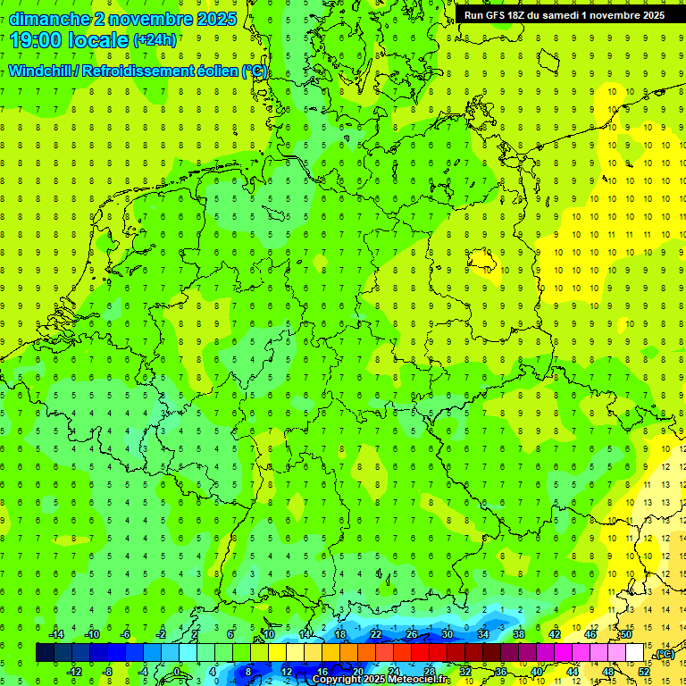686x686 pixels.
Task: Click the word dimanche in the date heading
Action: (x=49, y=19)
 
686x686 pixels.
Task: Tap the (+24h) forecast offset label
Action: (x=155, y=40)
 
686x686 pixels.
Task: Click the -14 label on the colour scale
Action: (x=56, y=634)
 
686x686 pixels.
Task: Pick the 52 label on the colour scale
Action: (x=644, y=672)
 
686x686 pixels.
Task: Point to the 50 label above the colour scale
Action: (x=626, y=634)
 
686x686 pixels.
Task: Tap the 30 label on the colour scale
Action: (x=448, y=634)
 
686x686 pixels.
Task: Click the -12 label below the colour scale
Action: (x=74, y=672)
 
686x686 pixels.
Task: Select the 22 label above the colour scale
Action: (x=376, y=634)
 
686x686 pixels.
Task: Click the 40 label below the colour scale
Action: (x=537, y=672)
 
